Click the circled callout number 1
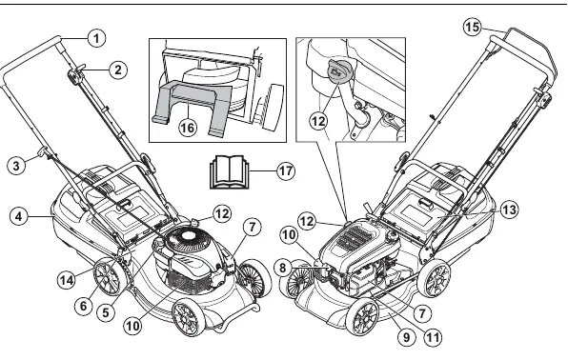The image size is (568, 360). [96, 38]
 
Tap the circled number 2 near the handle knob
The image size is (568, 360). [118, 70]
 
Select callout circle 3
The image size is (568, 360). [16, 166]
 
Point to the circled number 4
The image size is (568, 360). [19, 216]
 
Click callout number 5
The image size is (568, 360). [106, 312]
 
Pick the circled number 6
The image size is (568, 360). [84, 306]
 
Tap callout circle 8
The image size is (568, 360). [283, 268]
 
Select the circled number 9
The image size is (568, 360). [406, 337]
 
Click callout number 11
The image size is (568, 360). [433, 337]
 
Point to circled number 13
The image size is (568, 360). [509, 210]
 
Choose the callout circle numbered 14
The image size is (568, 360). [67, 280]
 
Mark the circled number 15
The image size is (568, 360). [473, 28]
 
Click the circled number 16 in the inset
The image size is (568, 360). [188, 128]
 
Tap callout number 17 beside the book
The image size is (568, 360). [286, 170]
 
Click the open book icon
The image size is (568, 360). [228, 171]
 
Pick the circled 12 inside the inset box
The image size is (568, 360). [318, 121]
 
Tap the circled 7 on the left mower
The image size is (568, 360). [252, 227]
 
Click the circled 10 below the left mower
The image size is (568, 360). [132, 326]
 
